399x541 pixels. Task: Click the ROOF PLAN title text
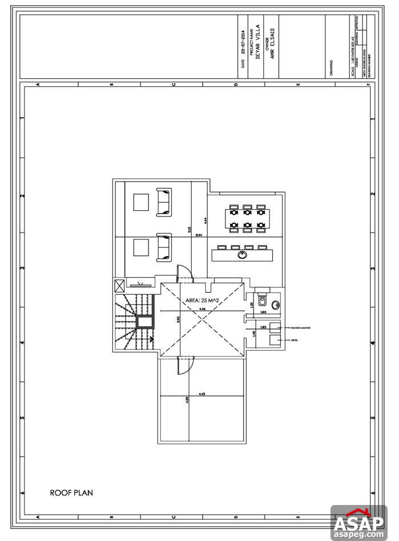tap(71, 492)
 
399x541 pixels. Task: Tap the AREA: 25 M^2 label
tap(203, 299)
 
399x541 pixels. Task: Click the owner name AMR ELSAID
tap(272, 49)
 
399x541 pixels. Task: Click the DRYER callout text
tap(294, 340)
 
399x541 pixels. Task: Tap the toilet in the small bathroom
tap(261, 299)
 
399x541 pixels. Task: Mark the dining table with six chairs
tap(247, 218)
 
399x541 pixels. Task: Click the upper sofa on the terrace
tap(164, 202)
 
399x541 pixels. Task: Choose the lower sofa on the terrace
tap(164, 247)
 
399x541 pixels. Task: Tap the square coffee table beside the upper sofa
tap(140, 202)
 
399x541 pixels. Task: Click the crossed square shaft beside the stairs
tap(120, 286)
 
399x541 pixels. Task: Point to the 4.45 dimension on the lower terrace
tap(202, 394)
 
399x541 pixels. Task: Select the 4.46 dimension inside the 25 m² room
tap(202, 309)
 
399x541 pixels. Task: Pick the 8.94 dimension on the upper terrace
tap(199, 235)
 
